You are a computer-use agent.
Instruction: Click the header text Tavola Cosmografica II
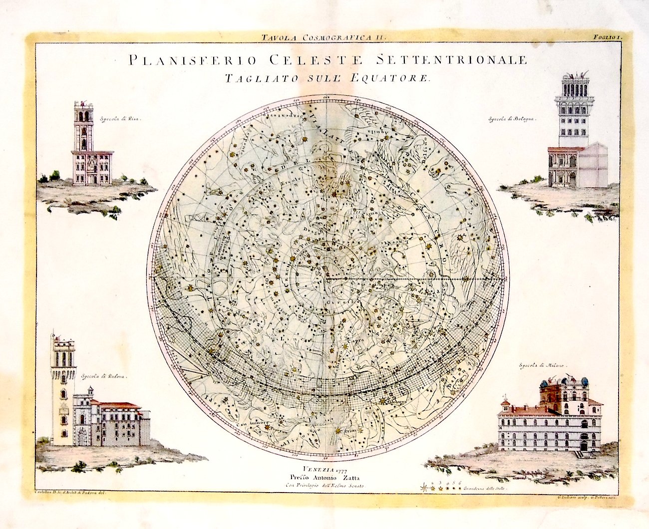click(x=324, y=36)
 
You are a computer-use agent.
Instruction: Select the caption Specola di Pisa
click(x=118, y=119)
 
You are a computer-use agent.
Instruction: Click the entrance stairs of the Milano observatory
click(x=583, y=454)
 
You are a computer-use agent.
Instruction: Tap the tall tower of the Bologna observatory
click(x=574, y=110)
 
